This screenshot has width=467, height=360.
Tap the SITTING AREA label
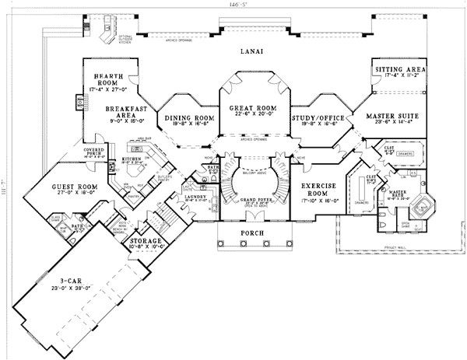point(399,69)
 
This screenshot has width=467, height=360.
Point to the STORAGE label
point(147,242)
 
